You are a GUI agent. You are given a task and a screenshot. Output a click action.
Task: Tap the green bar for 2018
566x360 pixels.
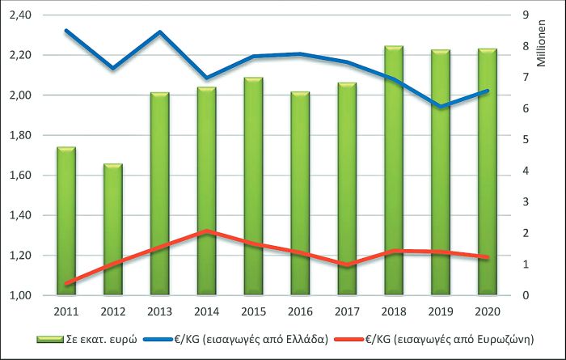coord(394,171)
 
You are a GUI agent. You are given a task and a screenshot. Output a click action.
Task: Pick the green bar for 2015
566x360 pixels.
coord(253,186)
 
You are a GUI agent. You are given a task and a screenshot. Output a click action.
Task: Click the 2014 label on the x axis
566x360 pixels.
coord(206,311)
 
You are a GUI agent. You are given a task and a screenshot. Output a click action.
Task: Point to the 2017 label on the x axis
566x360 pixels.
coord(347,311)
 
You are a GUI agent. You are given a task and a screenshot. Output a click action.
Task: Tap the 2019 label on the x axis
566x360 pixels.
coord(441,311)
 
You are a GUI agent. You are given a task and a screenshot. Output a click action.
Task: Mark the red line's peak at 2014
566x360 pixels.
coord(207,231)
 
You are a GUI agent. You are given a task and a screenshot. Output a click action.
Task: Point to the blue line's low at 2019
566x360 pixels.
coord(441,107)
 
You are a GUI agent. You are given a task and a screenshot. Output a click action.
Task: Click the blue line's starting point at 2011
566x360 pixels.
coord(66,31)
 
